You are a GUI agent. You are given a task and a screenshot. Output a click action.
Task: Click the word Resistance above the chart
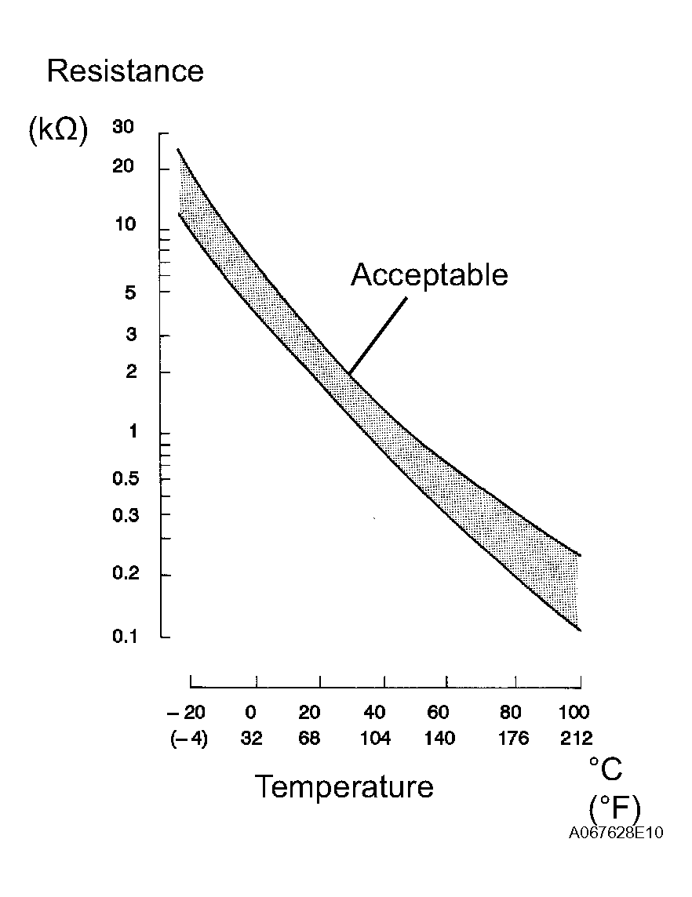[126, 71]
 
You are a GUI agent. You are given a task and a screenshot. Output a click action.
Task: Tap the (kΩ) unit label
[57, 130]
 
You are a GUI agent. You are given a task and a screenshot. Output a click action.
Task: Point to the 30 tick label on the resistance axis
[124, 126]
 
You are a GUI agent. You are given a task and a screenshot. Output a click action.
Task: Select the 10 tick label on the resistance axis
[125, 225]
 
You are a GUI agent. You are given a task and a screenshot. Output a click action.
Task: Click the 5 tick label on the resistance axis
[131, 292]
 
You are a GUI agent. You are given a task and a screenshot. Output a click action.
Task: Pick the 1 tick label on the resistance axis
[132, 432]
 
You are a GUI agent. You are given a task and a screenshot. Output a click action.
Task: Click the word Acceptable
[429, 275]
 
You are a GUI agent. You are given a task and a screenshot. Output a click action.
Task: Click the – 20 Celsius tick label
[186, 713]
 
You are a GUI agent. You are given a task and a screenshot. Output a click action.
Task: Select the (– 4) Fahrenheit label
[188, 738]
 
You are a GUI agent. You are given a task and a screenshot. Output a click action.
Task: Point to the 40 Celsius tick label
[375, 713]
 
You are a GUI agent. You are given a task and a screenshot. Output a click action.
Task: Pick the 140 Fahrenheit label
[439, 738]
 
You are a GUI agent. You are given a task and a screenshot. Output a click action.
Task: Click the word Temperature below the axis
[344, 786]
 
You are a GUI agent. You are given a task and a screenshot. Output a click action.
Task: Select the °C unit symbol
[605, 769]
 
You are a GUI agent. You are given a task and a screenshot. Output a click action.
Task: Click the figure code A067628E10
[616, 833]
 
